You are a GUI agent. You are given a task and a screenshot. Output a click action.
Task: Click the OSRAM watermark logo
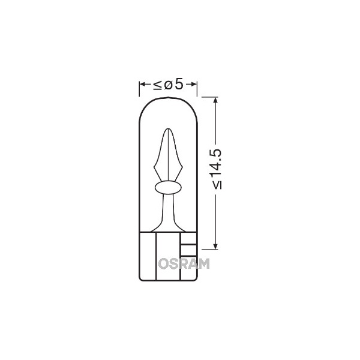[184, 263]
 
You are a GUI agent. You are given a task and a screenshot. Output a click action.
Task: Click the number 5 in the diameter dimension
[179, 84]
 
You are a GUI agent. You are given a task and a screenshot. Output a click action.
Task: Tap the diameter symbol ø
[168, 85]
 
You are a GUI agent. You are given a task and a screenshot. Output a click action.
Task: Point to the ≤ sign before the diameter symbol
[158, 85]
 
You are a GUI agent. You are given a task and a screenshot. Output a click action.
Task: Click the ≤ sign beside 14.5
[217, 185]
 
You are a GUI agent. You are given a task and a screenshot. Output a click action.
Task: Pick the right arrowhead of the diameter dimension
[194, 85]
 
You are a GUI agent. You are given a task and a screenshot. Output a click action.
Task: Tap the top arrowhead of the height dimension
[215, 100]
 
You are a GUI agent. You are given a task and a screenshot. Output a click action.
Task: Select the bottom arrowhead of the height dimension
[215, 246]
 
